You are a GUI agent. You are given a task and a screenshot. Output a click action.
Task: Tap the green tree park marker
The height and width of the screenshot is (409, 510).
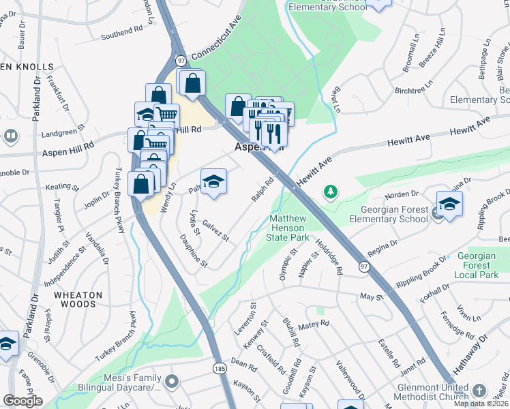331,192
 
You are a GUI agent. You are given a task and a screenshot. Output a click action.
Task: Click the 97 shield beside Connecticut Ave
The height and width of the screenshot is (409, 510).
179,59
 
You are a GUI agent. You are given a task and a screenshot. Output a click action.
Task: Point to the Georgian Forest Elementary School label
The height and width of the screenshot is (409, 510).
388,215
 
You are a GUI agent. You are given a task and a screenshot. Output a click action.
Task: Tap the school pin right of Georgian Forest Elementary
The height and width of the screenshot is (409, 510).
449,204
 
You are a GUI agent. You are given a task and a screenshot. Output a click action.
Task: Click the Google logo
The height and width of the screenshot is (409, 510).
23,401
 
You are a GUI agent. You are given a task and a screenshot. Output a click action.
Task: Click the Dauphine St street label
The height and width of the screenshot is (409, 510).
192,251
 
